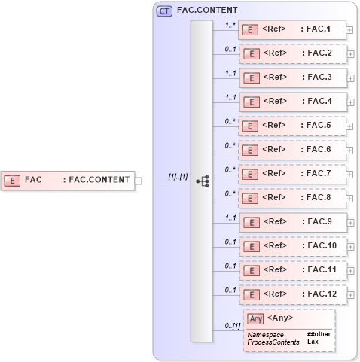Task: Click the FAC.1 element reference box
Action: [291, 30]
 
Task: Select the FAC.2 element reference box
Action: [291, 54]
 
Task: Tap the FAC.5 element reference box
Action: [291, 126]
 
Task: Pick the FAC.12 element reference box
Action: [291, 294]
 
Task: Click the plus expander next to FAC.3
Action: [350, 78]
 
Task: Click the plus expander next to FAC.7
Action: [350, 174]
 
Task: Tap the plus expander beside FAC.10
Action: [350, 246]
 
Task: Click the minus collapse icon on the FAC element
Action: [138, 180]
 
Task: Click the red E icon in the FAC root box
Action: [12, 180]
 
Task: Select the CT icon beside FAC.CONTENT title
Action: [163, 11]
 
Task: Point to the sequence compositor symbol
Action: [202, 181]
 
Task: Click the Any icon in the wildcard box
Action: [256, 318]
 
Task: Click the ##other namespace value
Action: [319, 333]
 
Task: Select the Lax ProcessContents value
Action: [313, 342]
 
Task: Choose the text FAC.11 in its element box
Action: [320, 269]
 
